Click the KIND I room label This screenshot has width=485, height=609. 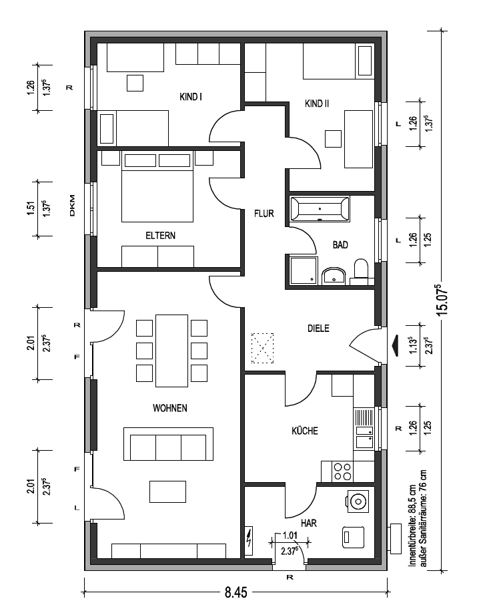[191, 97]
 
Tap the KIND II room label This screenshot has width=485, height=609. [317, 104]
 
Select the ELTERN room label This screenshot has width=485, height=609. [160, 235]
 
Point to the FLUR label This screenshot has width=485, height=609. [264, 213]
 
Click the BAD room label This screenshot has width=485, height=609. [340, 244]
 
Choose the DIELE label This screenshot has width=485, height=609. [318, 328]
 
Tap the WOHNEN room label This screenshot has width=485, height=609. [170, 408]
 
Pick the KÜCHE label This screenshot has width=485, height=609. [305, 430]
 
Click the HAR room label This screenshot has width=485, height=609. [308, 523]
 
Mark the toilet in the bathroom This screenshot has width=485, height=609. [361, 271]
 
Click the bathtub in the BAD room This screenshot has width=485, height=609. [320, 209]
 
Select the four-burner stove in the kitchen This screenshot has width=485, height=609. [343, 471]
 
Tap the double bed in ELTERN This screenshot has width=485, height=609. [157, 186]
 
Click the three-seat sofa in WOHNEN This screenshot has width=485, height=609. [168, 444]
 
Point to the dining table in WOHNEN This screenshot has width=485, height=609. [171, 351]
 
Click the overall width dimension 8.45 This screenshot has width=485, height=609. [235, 592]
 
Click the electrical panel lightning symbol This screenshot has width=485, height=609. [249, 540]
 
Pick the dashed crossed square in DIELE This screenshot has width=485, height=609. [263, 348]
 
